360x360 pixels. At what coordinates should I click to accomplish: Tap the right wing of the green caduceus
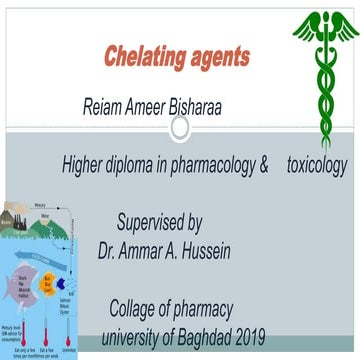[x=344, y=22]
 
